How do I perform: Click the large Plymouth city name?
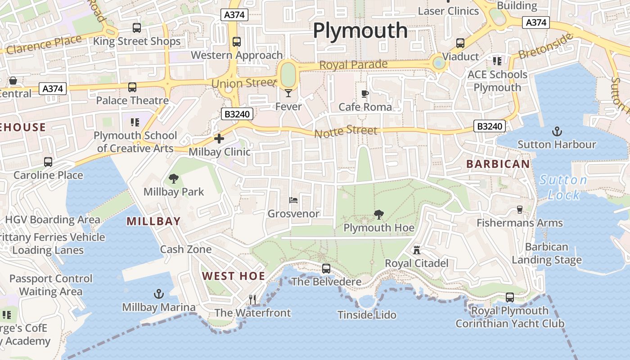pyautogui.click(x=360, y=31)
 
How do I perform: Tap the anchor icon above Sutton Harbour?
pyautogui.click(x=557, y=131)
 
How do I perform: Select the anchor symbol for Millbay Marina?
pyautogui.click(x=158, y=294)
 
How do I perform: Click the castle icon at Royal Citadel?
pyautogui.click(x=417, y=250)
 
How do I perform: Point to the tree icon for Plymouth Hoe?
pyautogui.click(x=379, y=215)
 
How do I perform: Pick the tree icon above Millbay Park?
pyautogui.click(x=174, y=179)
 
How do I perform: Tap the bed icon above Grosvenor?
pyautogui.click(x=293, y=200)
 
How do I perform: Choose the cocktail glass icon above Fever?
pyautogui.click(x=288, y=93)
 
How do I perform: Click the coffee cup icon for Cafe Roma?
pyautogui.click(x=365, y=94)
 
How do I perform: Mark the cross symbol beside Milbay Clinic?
pyautogui.click(x=219, y=139)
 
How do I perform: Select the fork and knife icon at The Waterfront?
pyautogui.click(x=252, y=299)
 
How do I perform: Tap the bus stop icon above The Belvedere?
pyautogui.click(x=326, y=269)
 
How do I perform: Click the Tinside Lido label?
pyautogui.click(x=367, y=315)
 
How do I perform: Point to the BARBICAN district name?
pyautogui.click(x=498, y=164)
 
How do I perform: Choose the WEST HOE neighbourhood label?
pyautogui.click(x=234, y=276)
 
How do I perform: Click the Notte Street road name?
pyautogui.click(x=346, y=131)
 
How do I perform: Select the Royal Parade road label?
pyautogui.click(x=353, y=65)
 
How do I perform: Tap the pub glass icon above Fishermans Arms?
pyautogui.click(x=519, y=210)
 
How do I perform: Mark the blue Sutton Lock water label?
pyautogui.click(x=562, y=187)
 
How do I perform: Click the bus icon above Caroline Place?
pyautogui.click(x=48, y=162)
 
